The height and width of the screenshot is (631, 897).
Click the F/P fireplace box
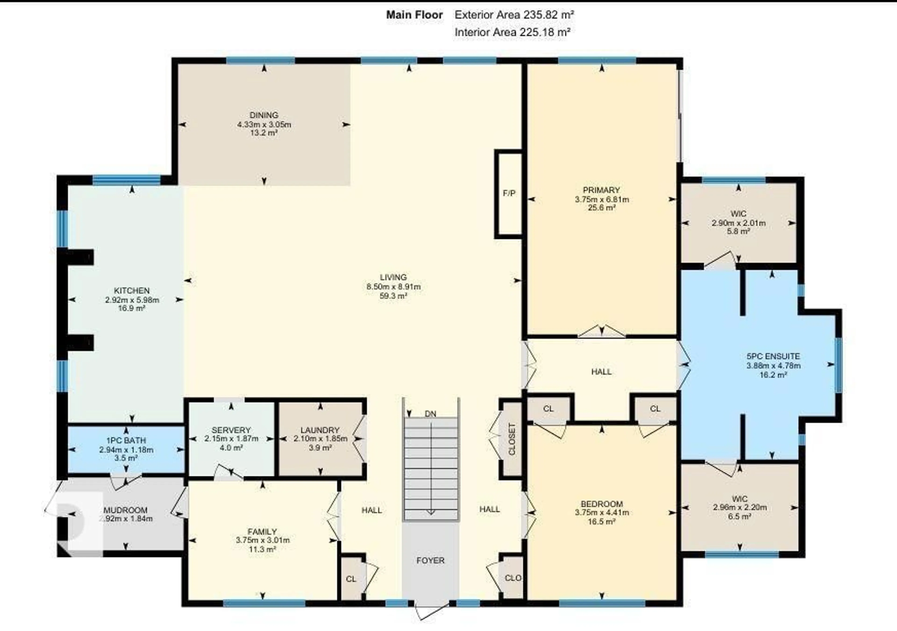[509, 194]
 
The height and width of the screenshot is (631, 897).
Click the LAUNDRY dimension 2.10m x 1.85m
[320, 439]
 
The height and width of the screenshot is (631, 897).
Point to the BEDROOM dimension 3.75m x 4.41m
[602, 512]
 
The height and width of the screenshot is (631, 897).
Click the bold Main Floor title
[414, 15]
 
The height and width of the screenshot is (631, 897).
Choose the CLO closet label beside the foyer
[513, 578]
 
